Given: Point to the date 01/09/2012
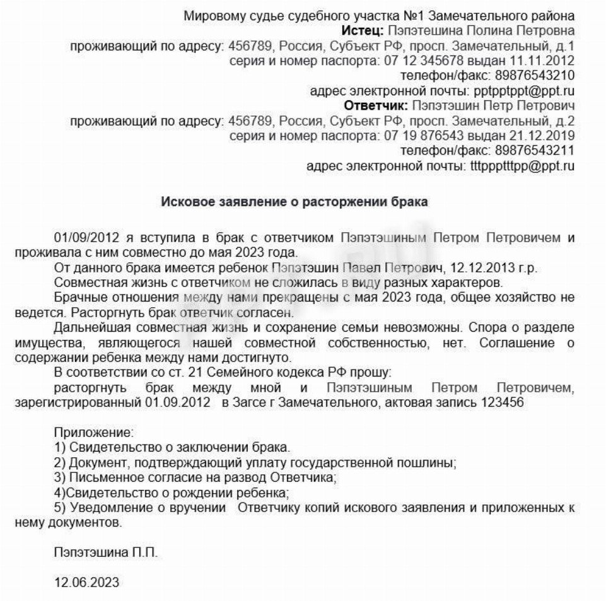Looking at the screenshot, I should click(x=84, y=238).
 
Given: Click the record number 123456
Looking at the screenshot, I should click(x=503, y=402).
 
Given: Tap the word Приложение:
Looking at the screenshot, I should click(x=94, y=433).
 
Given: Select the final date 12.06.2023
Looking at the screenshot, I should click(x=87, y=581).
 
